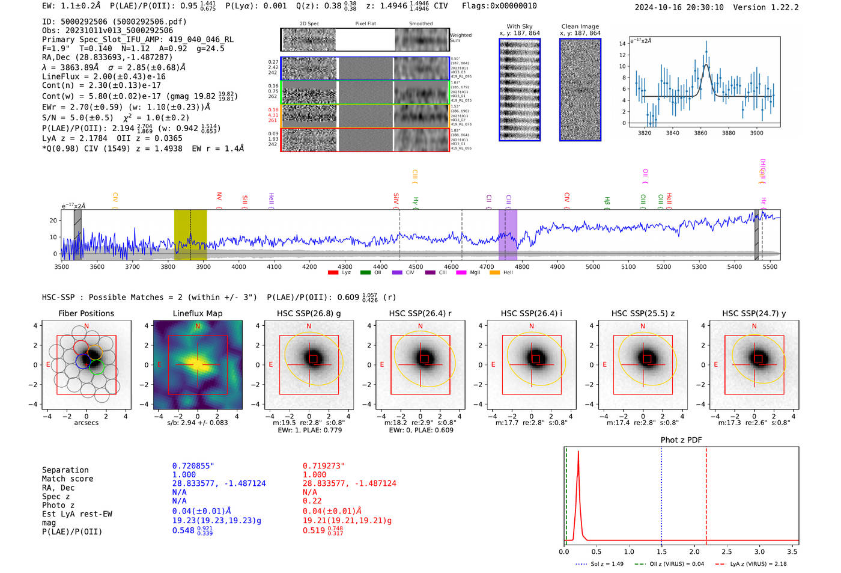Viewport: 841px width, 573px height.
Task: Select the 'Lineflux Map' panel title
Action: pos(197,313)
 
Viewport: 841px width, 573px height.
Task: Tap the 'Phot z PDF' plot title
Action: pos(681,440)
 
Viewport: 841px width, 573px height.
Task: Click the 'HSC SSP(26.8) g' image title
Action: pos(309,313)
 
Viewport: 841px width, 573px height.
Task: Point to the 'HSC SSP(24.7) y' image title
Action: pos(754,313)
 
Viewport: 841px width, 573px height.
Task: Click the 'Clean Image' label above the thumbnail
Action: pos(580,26)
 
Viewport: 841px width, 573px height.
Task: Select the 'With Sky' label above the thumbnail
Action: pos(519,26)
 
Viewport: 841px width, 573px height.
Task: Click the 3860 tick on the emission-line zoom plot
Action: pos(700,133)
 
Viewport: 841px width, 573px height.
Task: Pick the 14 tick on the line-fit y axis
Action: pos(622,44)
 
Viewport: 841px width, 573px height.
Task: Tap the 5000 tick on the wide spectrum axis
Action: pos(592,266)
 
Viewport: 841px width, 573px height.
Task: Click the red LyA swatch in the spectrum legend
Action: pos(333,273)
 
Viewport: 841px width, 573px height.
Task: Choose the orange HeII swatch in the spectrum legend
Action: pos(494,273)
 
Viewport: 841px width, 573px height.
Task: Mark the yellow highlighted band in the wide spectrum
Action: pos(190,234)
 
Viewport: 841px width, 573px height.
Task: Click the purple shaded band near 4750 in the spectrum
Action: pos(508,234)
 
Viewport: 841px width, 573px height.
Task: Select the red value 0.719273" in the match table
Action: pos(324,466)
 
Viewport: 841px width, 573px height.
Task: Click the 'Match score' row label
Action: pos(67,479)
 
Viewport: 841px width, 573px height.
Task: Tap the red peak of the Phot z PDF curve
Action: pos(578,452)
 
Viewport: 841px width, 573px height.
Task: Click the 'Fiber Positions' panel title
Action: pos(86,313)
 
